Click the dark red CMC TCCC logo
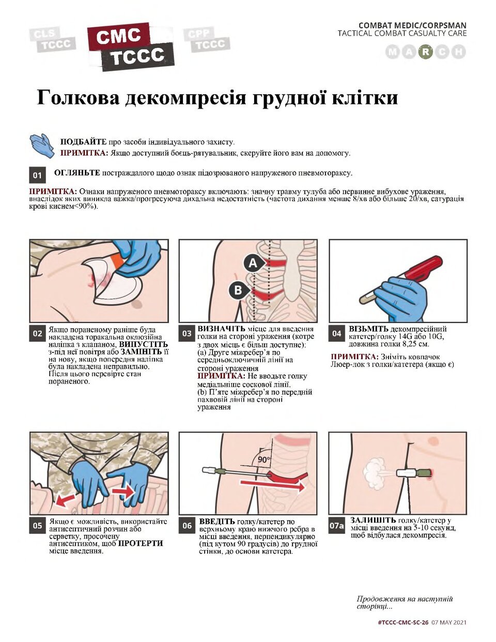131,47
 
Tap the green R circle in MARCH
425,52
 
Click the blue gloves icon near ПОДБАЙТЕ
42,146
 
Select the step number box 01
37,175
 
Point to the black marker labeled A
253,263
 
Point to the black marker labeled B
238,291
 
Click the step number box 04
336,333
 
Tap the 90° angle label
264,460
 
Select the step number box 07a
337,526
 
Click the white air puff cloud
375,473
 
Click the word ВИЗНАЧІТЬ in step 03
221,329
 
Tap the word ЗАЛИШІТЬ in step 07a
373,521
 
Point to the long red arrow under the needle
272,485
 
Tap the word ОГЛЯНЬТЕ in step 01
77,173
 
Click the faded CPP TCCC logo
207,40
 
